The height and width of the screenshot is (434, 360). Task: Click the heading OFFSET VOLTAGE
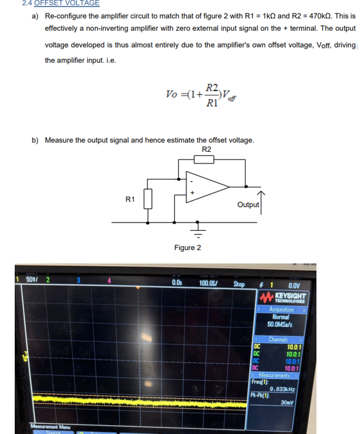pos(67,3)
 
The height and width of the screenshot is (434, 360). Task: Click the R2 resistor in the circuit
pos(204,158)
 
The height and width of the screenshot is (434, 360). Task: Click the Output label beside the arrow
pos(248,204)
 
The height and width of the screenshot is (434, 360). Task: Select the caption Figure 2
pos(187,247)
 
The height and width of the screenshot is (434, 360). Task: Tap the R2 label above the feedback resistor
pos(206,149)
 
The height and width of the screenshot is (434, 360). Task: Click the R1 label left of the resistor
pos(130,199)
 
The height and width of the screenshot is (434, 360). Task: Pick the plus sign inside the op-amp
pos(192,191)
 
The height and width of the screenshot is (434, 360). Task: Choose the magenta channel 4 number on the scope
pos(110,280)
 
